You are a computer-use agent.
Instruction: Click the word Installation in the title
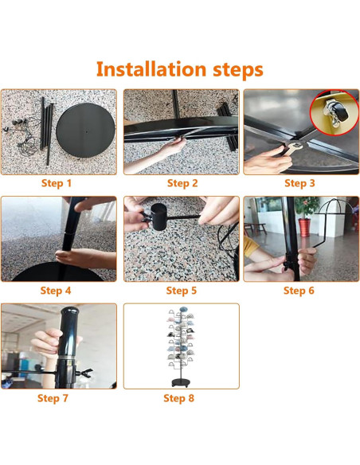tap(151, 69)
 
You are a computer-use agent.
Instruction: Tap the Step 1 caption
tap(57, 183)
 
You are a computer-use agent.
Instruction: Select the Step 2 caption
tap(182, 183)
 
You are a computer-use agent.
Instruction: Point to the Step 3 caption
tap(299, 183)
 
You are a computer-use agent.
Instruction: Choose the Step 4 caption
tap(56, 291)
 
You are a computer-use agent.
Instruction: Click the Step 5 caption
tap(181, 291)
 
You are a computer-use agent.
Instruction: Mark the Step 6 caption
tap(299, 291)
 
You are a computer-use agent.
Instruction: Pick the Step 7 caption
tap(53, 398)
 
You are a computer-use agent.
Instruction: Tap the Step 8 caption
tap(178, 398)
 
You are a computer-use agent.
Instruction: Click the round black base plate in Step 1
tap(85, 130)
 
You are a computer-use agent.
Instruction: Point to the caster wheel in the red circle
tap(337, 114)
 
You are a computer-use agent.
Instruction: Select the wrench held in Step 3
tap(292, 147)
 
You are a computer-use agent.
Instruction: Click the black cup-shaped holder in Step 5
tap(159, 217)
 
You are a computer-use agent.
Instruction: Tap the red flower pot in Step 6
tap(304, 228)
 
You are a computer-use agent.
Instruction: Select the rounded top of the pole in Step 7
tap(69, 311)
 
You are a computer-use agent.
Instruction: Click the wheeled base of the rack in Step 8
tap(181, 381)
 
